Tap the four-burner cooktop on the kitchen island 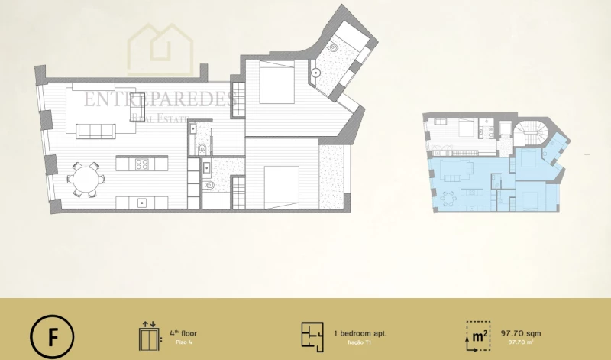(142, 164)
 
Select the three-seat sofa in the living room (95, 131)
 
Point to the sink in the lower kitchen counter (142, 203)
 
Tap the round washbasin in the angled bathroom (316, 74)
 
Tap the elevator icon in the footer (148, 336)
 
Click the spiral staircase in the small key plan (529, 134)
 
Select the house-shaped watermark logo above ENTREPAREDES (161, 50)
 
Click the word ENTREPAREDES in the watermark (160, 99)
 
